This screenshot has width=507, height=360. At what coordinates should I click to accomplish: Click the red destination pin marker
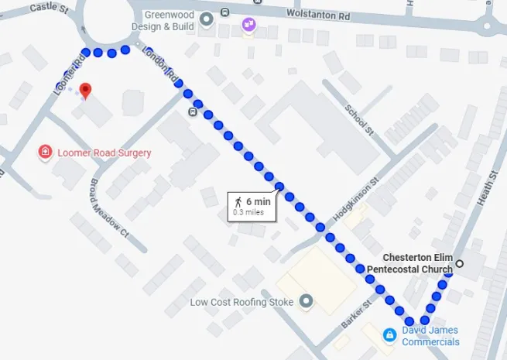click(x=86, y=91)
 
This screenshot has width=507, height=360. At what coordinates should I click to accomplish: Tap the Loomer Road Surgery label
click(x=104, y=153)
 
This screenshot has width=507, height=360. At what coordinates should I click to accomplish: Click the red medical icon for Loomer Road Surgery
click(x=46, y=152)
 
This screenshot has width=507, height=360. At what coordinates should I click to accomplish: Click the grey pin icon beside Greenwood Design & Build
click(x=205, y=19)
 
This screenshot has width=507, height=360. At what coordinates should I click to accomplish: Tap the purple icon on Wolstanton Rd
click(x=248, y=24)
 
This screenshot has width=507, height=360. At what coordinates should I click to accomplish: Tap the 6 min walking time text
click(x=259, y=201)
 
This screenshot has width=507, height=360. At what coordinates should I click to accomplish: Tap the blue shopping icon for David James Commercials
click(x=390, y=334)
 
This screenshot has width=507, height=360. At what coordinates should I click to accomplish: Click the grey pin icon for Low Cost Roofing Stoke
click(x=307, y=301)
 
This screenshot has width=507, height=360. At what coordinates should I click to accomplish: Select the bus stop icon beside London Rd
click(x=191, y=111)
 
